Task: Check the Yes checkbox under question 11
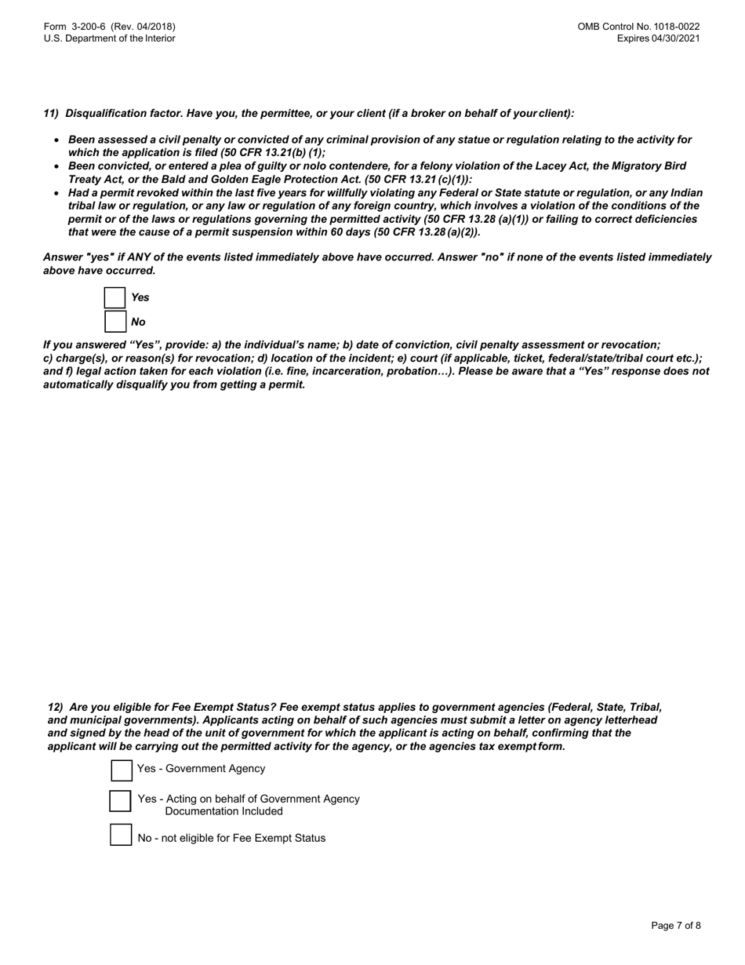coord(114,298)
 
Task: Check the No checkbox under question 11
coord(114,322)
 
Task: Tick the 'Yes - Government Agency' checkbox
coord(122,770)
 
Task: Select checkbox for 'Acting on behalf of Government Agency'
coord(120,801)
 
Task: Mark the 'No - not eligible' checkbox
coord(121,835)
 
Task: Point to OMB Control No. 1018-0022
coord(638,27)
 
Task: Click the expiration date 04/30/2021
coord(675,38)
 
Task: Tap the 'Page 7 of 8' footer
coord(675,926)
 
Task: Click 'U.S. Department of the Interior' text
coord(110,38)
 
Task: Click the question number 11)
coord(51,114)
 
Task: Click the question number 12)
coord(55,707)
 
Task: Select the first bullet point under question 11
coord(56,140)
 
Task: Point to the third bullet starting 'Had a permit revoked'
coord(56,193)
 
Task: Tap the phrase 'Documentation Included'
coord(223,811)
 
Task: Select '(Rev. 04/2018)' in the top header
coord(143,27)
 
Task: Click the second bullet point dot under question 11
coord(56,167)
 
